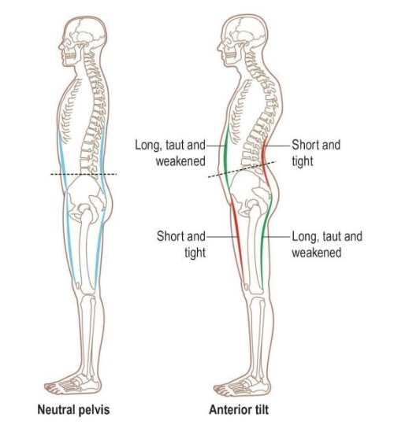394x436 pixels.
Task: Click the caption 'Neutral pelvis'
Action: pyautogui.click(x=73, y=410)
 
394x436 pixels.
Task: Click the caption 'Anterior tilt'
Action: pyautogui.click(x=239, y=409)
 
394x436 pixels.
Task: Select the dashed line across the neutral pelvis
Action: pyautogui.click(x=84, y=175)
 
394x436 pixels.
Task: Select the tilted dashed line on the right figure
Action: pyautogui.click(x=242, y=169)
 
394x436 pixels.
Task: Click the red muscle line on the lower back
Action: pyautogui.click(x=265, y=164)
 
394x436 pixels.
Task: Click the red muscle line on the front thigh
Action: pyautogui.click(x=237, y=239)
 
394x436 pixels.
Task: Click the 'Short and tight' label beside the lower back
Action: pyautogui.click(x=316, y=153)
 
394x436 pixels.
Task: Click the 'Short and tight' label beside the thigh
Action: pyautogui.click(x=181, y=245)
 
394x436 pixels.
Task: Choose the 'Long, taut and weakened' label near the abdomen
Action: pyautogui.click(x=170, y=153)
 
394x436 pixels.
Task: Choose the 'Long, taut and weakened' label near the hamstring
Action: pyautogui.click(x=327, y=245)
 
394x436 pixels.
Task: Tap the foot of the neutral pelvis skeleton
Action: pyautogui.click(x=73, y=384)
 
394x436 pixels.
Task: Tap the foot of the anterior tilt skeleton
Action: pyautogui.click(x=242, y=384)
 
